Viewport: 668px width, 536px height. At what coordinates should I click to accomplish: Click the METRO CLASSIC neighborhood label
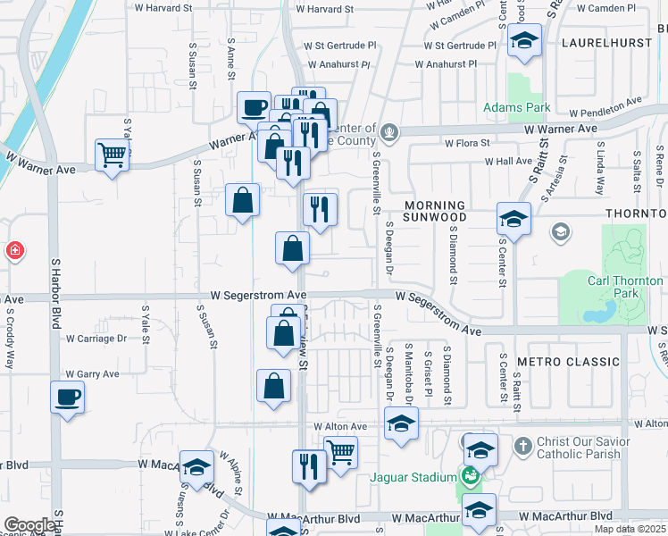(x=568, y=362)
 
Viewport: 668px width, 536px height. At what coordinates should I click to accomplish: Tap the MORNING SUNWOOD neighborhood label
(x=434, y=211)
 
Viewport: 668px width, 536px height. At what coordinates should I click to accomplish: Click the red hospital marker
(x=14, y=250)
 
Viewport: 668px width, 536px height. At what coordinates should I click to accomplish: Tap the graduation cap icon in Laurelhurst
(x=524, y=40)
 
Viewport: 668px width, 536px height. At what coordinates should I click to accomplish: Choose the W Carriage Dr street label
(x=96, y=339)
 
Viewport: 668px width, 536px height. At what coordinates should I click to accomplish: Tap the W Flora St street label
(x=467, y=143)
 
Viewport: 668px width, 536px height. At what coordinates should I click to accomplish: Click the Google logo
(x=29, y=525)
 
